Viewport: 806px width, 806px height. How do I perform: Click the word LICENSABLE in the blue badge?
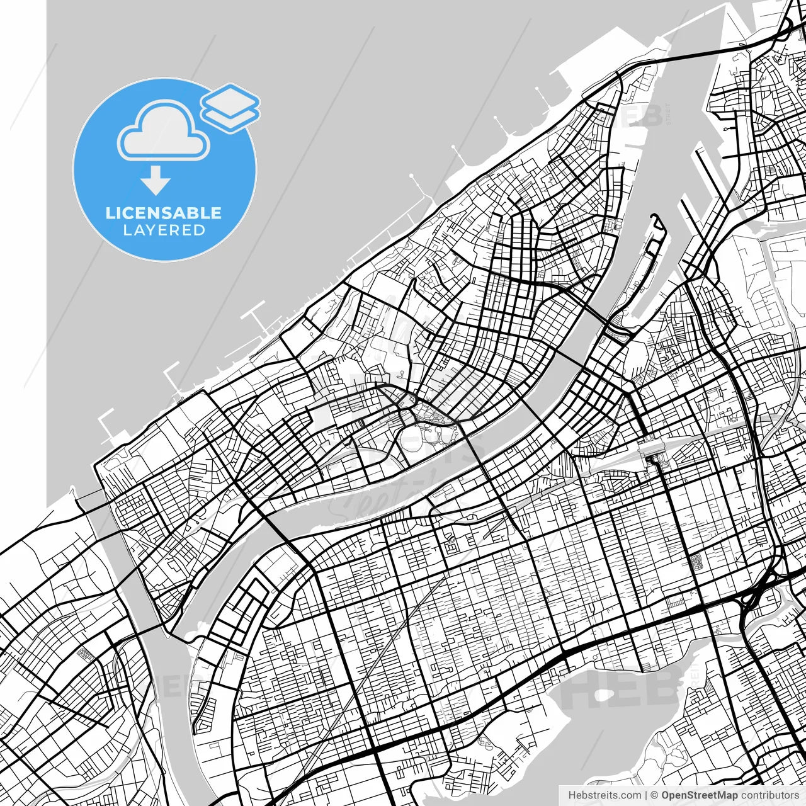(x=164, y=213)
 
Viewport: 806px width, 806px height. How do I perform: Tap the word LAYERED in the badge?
(x=164, y=230)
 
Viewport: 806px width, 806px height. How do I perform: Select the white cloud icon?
(x=164, y=131)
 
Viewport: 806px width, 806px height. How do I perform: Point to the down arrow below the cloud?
(x=156, y=181)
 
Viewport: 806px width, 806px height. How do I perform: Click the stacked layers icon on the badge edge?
(x=230, y=108)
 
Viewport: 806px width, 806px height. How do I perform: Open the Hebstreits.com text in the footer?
(x=604, y=795)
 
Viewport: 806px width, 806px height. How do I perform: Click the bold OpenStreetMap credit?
(x=700, y=795)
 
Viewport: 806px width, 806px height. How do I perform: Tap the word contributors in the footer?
(x=769, y=795)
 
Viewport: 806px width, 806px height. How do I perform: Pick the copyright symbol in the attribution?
(x=654, y=795)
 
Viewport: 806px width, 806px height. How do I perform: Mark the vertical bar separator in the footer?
(x=646, y=795)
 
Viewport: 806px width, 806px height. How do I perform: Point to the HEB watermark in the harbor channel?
(x=642, y=115)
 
